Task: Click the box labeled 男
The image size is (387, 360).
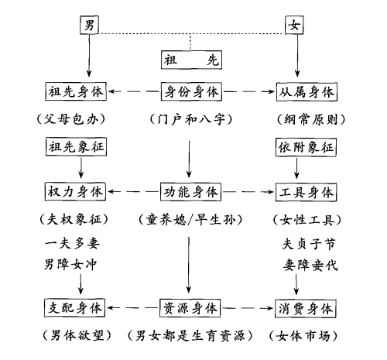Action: coord(89,25)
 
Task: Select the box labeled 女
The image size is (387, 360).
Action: coord(294,25)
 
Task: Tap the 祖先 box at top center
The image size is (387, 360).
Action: coord(191,60)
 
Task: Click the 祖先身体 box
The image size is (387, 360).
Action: coord(76,91)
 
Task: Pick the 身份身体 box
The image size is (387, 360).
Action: coord(191,91)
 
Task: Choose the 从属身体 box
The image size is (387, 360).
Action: coord(307,92)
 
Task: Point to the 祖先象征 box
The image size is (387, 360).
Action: coord(76,147)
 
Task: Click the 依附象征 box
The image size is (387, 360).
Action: coord(306,147)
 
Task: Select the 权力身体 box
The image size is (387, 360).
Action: coord(75,191)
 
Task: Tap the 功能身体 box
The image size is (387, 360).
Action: coord(190,192)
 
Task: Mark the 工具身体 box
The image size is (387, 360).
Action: coord(306,192)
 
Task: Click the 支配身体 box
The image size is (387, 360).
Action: coord(74,308)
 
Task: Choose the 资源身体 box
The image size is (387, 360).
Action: coord(190,308)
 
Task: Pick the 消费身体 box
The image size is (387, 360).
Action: coord(306,309)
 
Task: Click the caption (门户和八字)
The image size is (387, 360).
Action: coord(191,119)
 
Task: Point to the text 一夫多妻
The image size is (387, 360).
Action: coord(72,243)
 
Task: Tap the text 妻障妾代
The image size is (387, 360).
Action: coord(310,265)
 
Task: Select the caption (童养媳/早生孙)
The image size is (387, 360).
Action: coord(190,220)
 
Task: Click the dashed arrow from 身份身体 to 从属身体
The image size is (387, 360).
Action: coord(249,91)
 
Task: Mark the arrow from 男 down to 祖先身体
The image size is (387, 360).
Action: coord(89,56)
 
